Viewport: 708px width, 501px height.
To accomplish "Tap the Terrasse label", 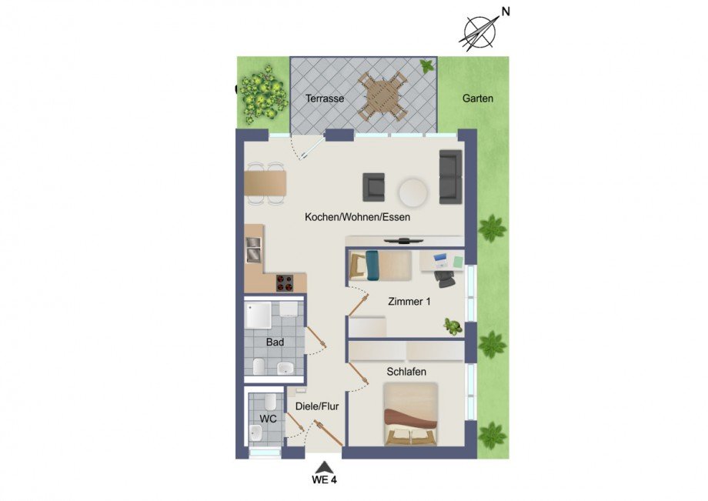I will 324,99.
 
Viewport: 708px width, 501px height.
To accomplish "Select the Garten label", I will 477,99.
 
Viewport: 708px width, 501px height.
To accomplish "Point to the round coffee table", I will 412,192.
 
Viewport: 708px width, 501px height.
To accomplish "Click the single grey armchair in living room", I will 374,187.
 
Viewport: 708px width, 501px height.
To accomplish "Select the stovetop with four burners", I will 285,283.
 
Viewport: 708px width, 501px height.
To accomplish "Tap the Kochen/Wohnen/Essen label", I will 357,218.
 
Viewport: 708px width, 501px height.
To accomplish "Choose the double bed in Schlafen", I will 410,416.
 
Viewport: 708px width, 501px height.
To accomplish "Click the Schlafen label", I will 406,372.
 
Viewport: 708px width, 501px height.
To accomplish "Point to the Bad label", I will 275,341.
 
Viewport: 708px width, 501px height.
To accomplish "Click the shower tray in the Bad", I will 258,316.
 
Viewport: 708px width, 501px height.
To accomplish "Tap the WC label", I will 268,419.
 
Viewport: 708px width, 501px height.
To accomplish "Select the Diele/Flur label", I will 317,406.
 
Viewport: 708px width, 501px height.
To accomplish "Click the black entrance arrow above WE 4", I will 325,466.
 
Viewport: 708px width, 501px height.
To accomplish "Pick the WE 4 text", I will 325,482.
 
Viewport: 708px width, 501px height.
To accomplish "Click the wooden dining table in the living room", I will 265,183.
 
